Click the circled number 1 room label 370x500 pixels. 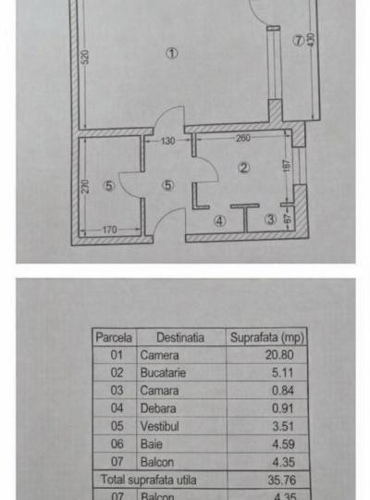tap(172, 53)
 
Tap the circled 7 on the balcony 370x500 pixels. tap(298, 41)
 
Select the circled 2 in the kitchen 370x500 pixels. tap(244, 168)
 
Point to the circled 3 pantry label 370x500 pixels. tap(270, 219)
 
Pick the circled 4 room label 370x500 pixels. tap(220, 221)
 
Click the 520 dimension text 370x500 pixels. tap(85, 56)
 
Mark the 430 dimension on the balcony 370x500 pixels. tap(312, 40)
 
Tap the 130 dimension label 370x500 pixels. tap(167, 141)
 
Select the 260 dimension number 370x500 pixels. tap(243, 138)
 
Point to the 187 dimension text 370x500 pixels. tap(287, 166)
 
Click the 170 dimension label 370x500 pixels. tap(109, 230)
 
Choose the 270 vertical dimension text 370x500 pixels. tap(85, 186)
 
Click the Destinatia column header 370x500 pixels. tap(180, 337)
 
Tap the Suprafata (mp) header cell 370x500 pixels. tap(267, 337)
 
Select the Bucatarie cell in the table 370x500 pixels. tap(163, 373)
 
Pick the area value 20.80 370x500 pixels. tap(279, 355)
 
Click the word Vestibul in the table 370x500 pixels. tap(160, 426)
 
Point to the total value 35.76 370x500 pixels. tap(282, 480)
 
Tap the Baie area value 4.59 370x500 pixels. tap(283, 444)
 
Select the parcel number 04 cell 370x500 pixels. tap(117, 408)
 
